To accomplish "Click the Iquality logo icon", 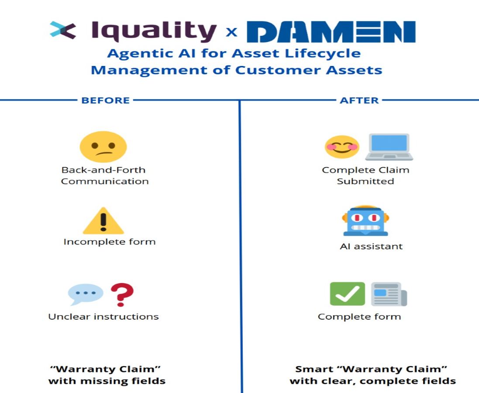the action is (63, 31).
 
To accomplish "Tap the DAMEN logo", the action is (331, 32).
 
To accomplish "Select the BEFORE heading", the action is (105, 100).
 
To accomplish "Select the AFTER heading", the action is (359, 100).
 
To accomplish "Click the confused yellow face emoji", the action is (103, 147).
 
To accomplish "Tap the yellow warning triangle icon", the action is (103, 221).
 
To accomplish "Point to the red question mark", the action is (122, 295).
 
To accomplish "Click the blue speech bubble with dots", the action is (85, 294).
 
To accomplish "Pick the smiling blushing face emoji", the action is (342, 147).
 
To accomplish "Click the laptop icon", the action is (389, 147).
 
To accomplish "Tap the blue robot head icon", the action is (365, 221).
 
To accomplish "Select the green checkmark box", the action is (347, 294).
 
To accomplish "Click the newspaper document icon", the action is (389, 294).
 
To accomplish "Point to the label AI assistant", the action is (371, 246).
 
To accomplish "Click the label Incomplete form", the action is (110, 242).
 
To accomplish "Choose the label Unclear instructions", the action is (103, 317).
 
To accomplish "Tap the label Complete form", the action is (359, 317).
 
